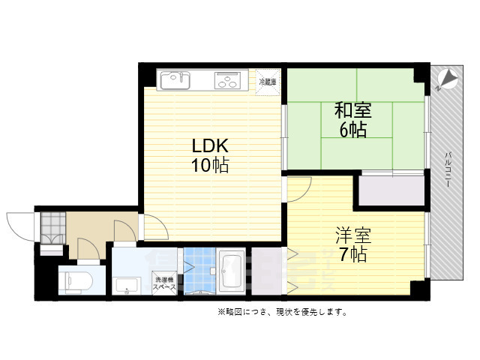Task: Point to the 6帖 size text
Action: click(x=352, y=130)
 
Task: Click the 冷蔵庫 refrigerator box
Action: click(x=268, y=82)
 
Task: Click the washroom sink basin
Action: click(x=127, y=286)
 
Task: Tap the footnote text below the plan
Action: click(x=281, y=312)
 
